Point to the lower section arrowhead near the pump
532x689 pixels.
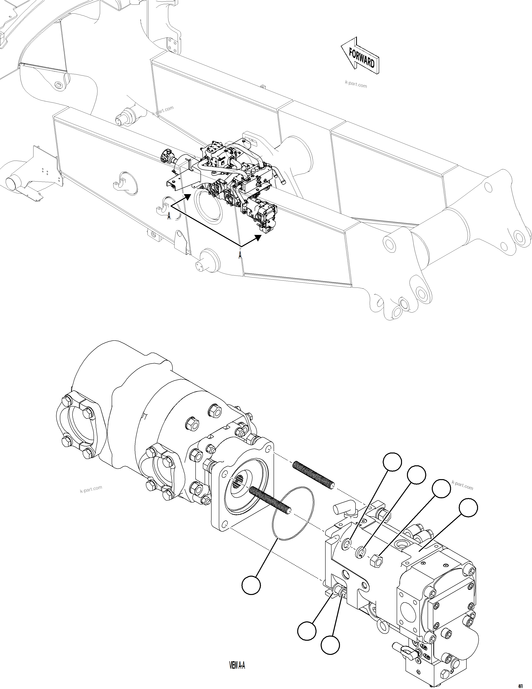pyautogui.click(x=258, y=237)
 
